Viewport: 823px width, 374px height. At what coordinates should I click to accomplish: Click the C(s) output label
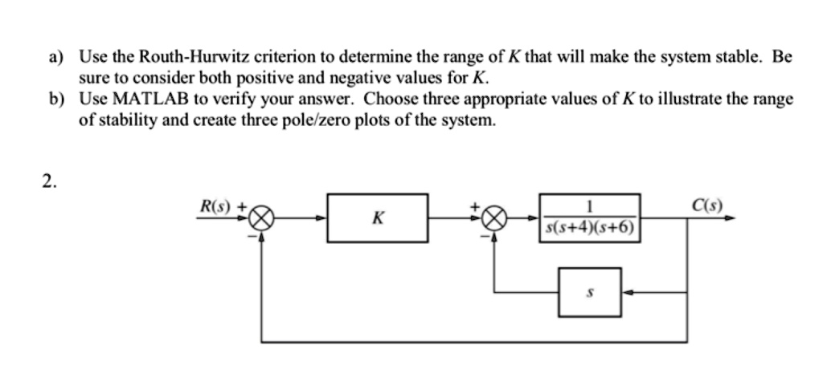pos(706,205)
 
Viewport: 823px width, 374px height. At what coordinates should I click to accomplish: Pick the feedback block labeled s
pos(590,292)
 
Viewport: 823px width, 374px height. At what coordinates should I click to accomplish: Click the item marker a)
pos(55,59)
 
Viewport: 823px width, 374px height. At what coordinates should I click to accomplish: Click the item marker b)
pos(55,100)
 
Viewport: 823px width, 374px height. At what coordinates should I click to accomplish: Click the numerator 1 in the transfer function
pos(590,206)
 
